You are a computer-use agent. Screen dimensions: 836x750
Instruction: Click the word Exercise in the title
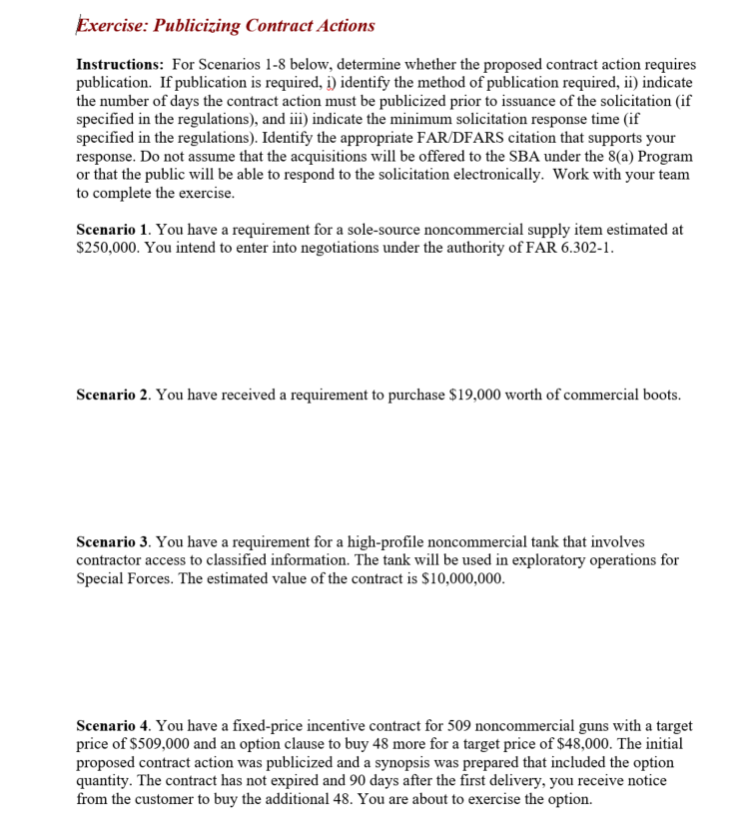pyautogui.click(x=113, y=26)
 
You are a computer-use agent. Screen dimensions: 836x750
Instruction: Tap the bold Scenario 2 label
pyautogui.click(x=113, y=396)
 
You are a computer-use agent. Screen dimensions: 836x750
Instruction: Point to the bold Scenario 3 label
pyautogui.click(x=113, y=541)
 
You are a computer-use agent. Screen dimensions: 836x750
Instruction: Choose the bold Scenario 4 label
pyautogui.click(x=113, y=726)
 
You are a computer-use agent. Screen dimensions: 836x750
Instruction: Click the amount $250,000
pyautogui.click(x=109, y=249)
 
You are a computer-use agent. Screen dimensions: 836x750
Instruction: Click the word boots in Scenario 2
pyautogui.click(x=660, y=396)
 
